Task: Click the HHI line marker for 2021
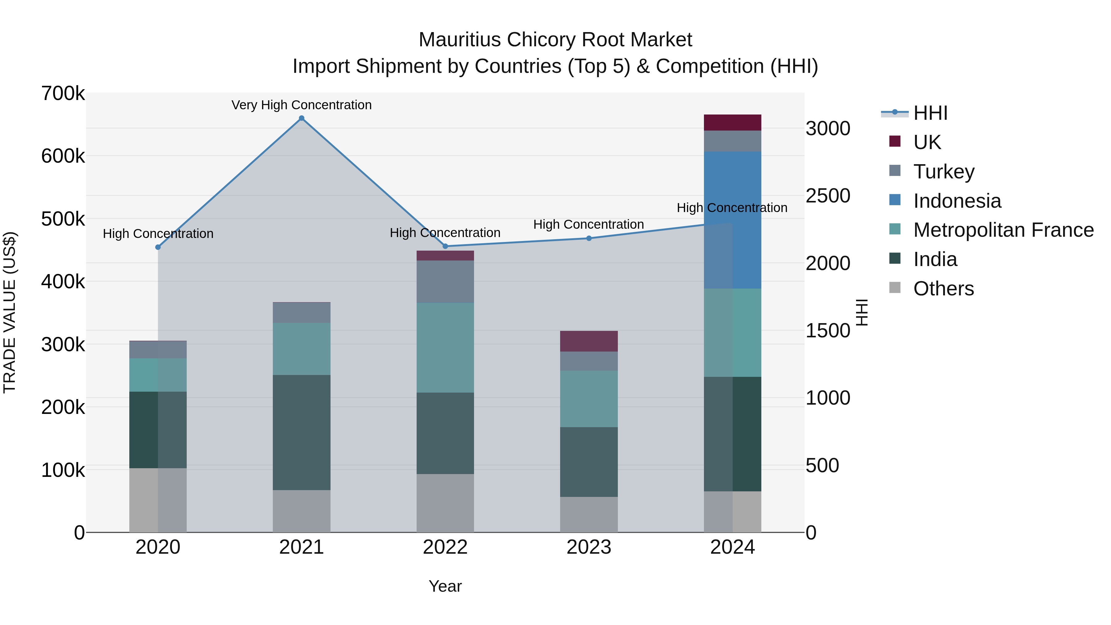[302, 118]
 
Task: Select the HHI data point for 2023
[589, 238]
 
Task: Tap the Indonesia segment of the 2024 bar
[732, 220]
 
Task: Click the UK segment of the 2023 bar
[589, 341]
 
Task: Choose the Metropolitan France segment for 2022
[445, 348]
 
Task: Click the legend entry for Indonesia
[957, 201]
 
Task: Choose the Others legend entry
[943, 289]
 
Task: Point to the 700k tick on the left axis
[63, 94]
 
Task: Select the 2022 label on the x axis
[445, 547]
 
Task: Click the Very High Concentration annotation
[302, 105]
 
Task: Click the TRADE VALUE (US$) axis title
[10, 312]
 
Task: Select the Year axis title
[445, 586]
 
